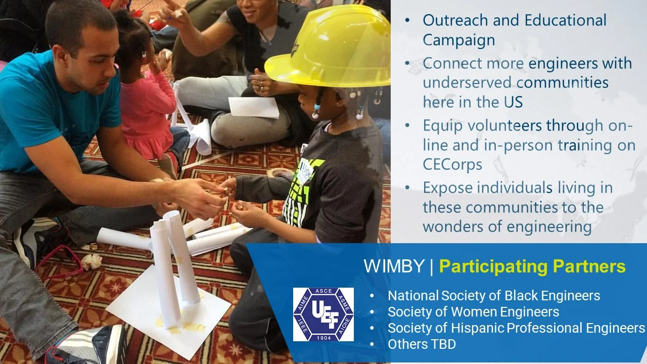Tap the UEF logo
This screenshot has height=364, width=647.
[x=323, y=314]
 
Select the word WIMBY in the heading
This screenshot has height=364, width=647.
[x=394, y=266]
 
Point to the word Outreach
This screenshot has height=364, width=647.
[x=457, y=20]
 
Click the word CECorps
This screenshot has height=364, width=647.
[x=452, y=164]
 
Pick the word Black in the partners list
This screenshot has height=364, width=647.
[x=522, y=296]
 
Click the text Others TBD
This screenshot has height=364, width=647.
[x=422, y=344]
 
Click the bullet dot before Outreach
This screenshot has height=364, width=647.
[x=408, y=21]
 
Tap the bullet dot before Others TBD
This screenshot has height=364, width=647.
[x=373, y=345]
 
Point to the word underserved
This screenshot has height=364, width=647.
[x=465, y=82]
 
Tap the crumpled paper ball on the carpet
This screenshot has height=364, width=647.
[x=93, y=261]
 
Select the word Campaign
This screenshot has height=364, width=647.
[x=458, y=40]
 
